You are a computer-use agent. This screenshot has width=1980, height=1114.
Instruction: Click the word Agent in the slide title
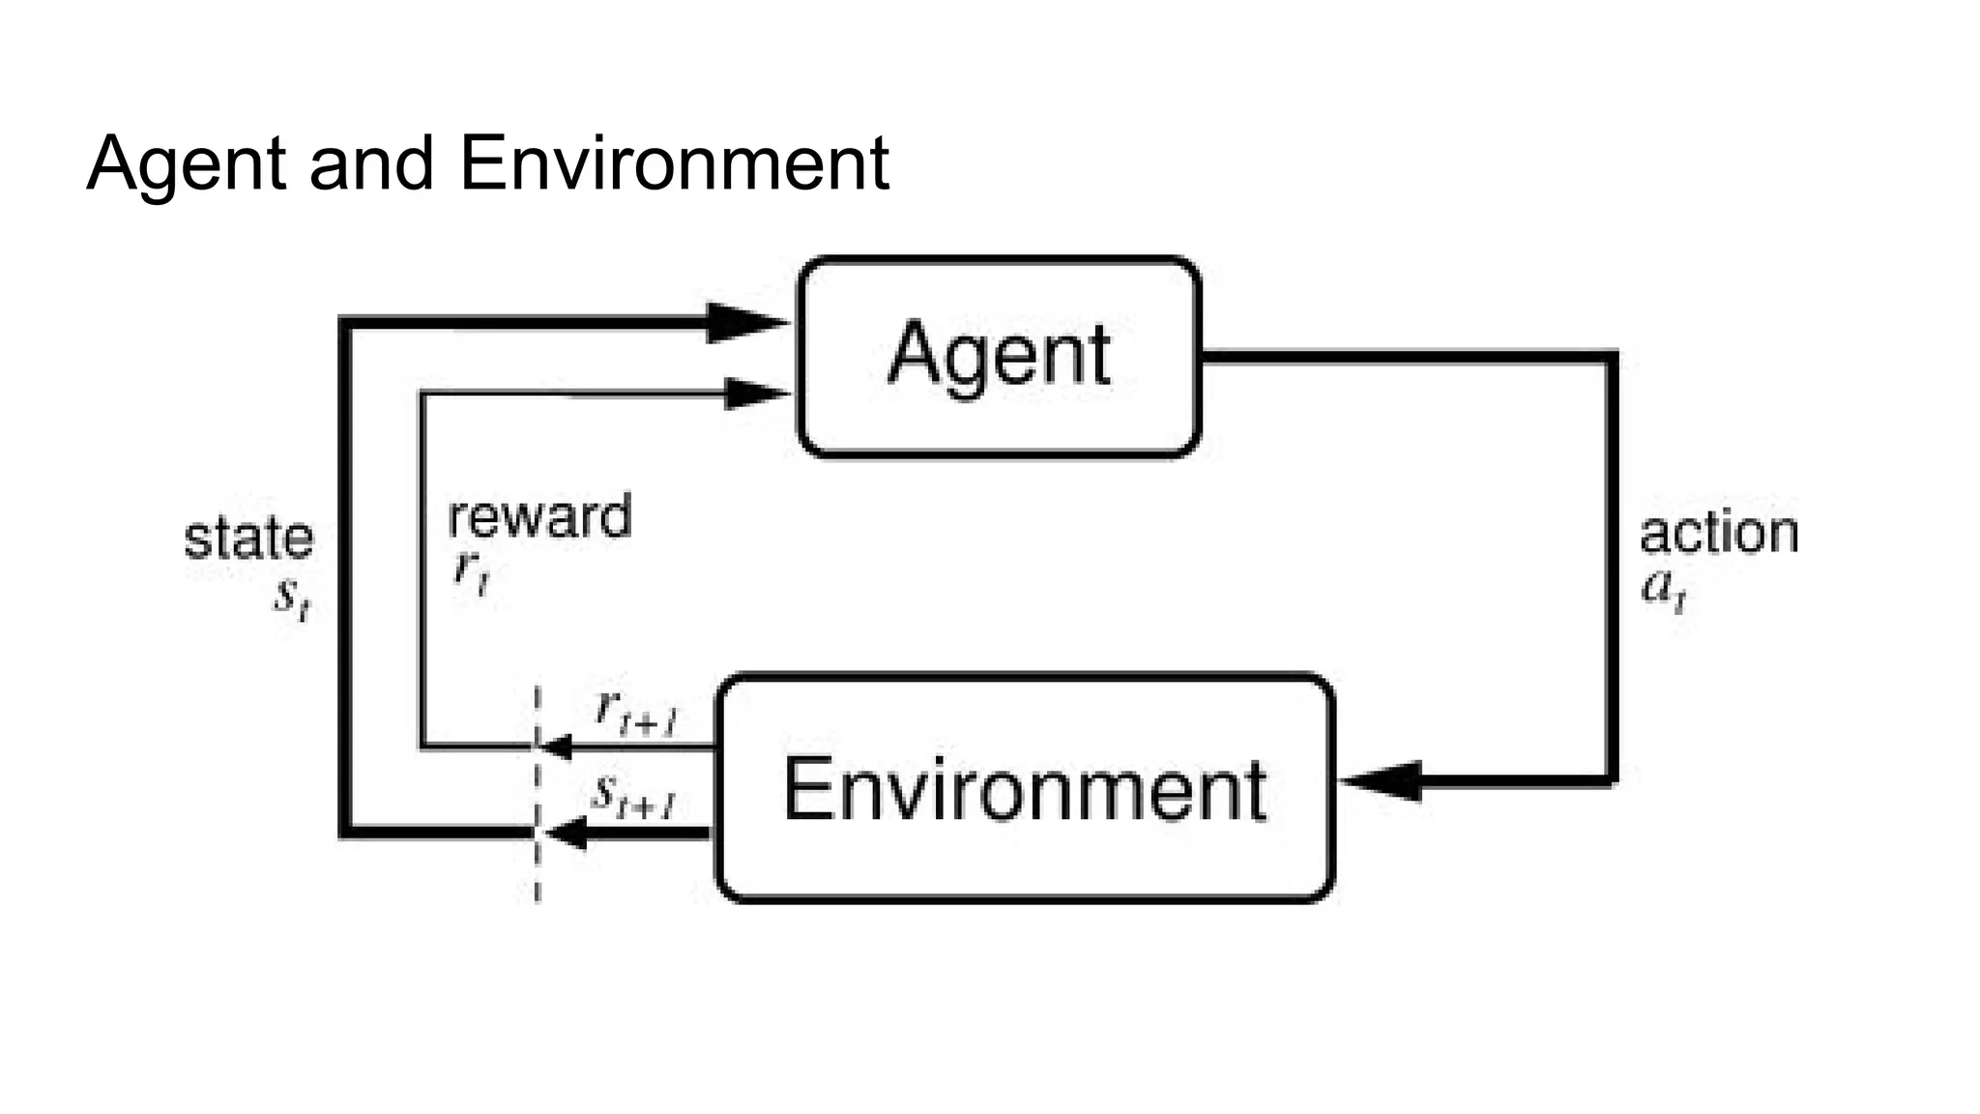[187, 164]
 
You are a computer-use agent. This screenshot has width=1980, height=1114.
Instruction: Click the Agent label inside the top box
[999, 356]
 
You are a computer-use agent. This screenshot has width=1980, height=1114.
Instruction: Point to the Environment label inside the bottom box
[1024, 790]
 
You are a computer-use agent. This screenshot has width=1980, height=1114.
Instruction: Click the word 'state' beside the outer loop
[248, 539]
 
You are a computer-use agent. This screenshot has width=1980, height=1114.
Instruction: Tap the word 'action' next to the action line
[1718, 534]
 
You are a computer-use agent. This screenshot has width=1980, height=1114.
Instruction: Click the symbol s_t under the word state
[291, 598]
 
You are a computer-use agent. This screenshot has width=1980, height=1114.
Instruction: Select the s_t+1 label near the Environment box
[633, 798]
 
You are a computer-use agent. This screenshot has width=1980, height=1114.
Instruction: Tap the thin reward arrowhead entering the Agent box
[754, 394]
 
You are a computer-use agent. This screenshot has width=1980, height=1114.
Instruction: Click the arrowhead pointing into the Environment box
[1384, 780]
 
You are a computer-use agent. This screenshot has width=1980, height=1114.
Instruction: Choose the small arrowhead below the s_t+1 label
[566, 833]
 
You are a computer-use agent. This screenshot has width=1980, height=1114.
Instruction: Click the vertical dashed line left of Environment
[538, 870]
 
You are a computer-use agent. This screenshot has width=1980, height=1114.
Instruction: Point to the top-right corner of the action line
[1612, 358]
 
